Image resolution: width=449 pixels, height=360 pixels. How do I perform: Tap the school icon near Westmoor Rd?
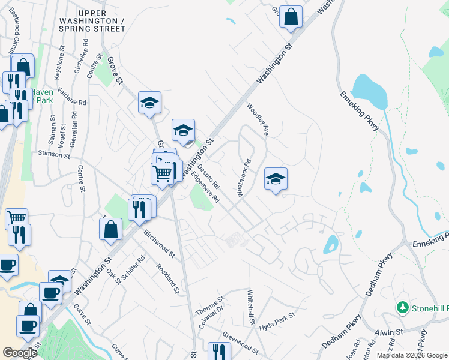276,179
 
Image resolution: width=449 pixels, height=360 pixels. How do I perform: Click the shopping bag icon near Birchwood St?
111,229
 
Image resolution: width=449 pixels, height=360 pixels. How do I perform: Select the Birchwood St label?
158,243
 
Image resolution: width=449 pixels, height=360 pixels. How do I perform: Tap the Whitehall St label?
251,308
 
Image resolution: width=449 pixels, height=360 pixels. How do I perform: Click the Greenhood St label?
240,345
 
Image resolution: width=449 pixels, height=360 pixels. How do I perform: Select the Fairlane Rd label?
72,95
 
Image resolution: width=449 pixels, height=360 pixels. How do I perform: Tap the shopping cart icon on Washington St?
161,174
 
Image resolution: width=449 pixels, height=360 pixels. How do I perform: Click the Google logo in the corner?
20,353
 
